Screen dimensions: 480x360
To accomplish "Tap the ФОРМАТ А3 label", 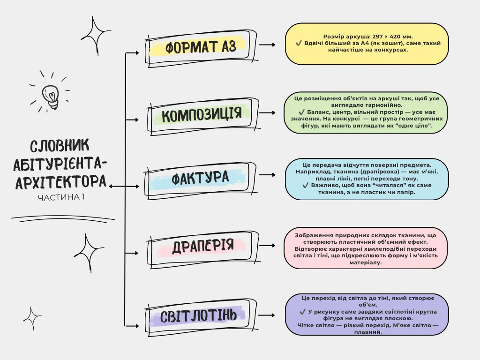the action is [x=201, y=47].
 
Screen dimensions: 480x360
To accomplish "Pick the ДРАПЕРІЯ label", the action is [x=203, y=246].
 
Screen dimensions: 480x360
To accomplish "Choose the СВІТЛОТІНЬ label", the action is [x=198, y=315].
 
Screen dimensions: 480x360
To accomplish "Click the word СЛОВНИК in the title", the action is [x=60, y=146].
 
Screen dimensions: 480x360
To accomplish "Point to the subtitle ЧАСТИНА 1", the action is [x=61, y=197].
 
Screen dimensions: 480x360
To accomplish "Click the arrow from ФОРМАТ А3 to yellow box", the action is [x=267, y=45].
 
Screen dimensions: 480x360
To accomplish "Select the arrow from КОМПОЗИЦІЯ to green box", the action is [x=267, y=112].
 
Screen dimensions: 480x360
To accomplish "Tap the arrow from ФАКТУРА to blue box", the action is [x=267, y=175].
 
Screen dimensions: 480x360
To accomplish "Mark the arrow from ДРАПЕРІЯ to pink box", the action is [x=267, y=246].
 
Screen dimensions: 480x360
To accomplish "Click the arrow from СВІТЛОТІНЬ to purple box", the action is [x=266, y=315].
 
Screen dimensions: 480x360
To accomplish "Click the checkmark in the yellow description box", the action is [x=299, y=43].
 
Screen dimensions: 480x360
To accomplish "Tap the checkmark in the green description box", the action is [x=301, y=112].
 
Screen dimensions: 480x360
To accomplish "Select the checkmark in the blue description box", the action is [x=306, y=185].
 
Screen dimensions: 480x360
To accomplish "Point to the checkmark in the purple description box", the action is [x=303, y=312].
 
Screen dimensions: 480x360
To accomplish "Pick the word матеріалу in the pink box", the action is [x=366, y=262].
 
